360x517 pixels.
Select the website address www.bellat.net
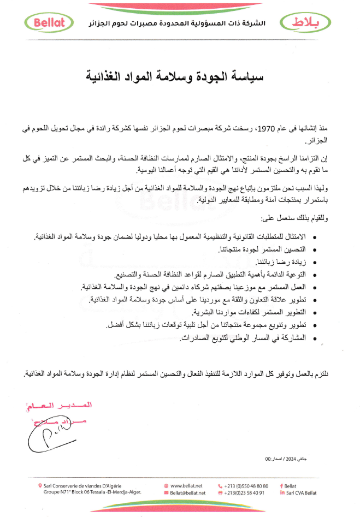tap(187, 485)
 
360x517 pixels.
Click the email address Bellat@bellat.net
tap(188, 492)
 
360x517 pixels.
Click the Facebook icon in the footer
tap(280, 485)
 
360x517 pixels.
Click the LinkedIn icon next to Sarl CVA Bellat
tap(282, 492)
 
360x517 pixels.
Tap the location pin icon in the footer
tap(40, 485)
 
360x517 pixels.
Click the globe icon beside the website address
tap(166, 485)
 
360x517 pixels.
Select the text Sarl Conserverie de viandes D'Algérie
tap(84, 485)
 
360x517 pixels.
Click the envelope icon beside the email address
tap(166, 492)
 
